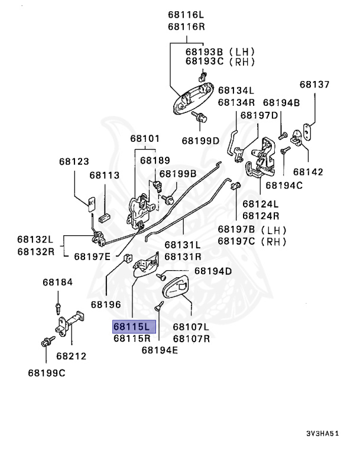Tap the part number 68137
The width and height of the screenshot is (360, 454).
[314, 85]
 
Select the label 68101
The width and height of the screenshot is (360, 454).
[145, 139]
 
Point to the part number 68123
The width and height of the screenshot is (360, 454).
[74, 161]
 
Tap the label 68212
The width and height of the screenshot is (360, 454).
[72, 356]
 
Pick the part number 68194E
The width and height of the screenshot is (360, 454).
[160, 350]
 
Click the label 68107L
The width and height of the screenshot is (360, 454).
[191, 326]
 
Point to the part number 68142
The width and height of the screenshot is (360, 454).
[308, 172]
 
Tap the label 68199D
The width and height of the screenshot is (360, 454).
[200, 141]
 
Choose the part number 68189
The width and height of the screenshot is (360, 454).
[155, 160]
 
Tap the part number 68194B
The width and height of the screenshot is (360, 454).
[281, 103]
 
